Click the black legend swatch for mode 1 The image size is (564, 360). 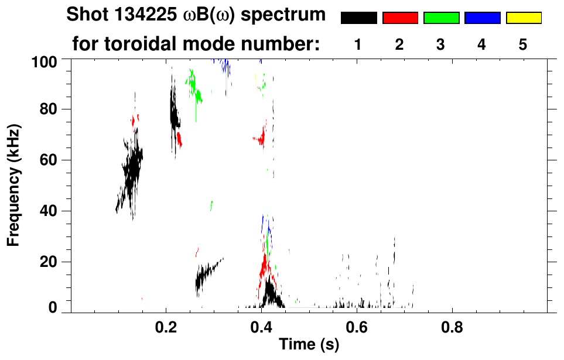pyautogui.click(x=359, y=18)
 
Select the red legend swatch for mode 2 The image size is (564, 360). pyautogui.click(x=400, y=18)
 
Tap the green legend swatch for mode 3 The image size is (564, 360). pyautogui.click(x=441, y=18)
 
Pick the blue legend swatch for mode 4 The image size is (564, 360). pyautogui.click(x=482, y=18)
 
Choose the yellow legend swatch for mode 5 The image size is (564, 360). pyautogui.click(x=523, y=18)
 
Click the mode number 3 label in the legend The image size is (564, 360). pyautogui.click(x=440, y=44)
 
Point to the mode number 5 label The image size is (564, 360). pyautogui.click(x=523, y=44)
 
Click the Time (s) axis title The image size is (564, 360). pyautogui.click(x=309, y=345)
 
